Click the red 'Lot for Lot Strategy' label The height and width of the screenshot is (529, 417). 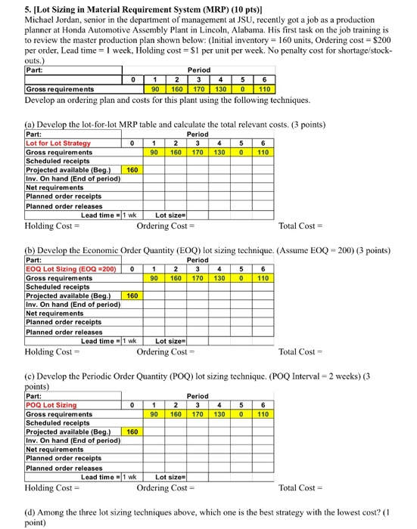[58, 143]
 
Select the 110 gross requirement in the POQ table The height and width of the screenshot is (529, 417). [261, 413]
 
